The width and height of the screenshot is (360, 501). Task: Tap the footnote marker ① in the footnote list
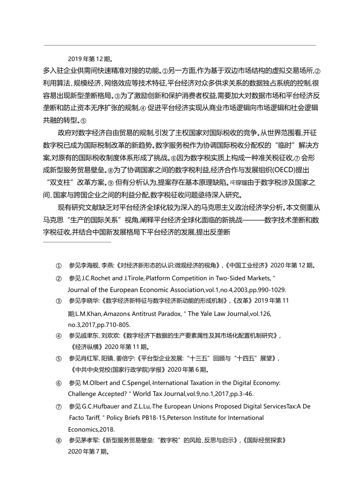click(x=59, y=266)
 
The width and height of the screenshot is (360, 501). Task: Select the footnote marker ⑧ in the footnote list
click(x=59, y=441)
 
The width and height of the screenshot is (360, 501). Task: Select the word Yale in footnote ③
click(x=207, y=314)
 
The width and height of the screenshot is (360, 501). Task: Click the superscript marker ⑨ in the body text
click(x=111, y=183)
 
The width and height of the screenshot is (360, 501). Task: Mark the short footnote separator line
click(x=77, y=242)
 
